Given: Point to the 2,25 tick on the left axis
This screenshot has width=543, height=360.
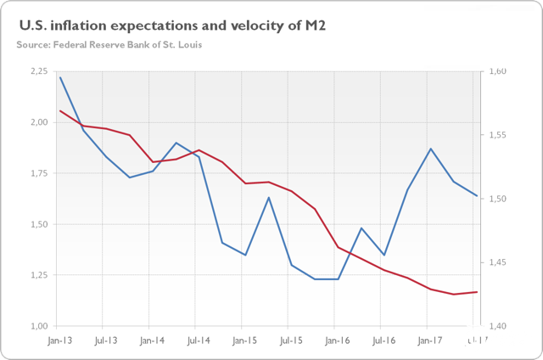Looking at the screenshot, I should [39, 71].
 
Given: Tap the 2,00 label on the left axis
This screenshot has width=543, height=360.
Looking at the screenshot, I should [39, 122].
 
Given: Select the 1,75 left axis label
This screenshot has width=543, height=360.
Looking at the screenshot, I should [39, 173].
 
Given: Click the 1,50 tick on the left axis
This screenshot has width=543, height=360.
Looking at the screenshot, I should [39, 224].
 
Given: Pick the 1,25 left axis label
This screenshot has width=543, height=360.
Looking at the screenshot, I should [39, 275].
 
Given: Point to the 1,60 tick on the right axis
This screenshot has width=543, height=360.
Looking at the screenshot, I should [497, 71].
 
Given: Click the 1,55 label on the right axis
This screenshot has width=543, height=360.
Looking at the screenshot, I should [497, 135].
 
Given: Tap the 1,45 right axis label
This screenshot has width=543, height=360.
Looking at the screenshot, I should [497, 262].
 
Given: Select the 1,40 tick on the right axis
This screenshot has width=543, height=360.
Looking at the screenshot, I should [497, 326].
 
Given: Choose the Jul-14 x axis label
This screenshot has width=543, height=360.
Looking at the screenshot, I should [196, 340].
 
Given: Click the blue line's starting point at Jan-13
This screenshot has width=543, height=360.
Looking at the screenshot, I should [59, 77].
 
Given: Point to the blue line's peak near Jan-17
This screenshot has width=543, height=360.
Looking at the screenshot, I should [431, 149].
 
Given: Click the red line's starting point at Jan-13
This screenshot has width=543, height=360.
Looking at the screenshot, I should [59, 110].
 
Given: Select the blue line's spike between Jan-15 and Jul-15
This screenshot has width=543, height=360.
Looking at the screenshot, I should [269, 198].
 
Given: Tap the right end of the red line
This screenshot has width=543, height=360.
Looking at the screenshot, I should [477, 292].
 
